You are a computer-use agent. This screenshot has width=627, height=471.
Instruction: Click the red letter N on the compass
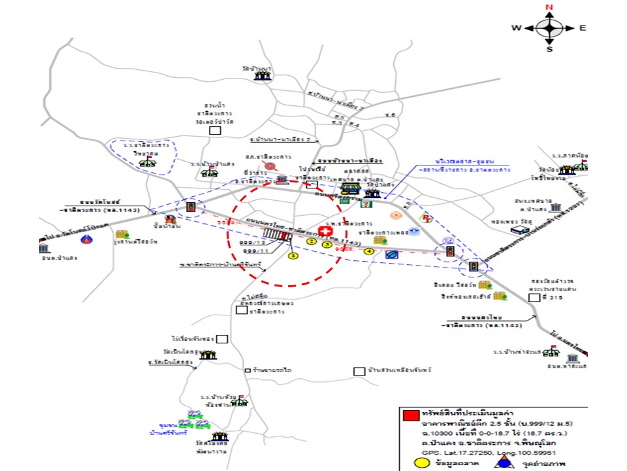[549, 7]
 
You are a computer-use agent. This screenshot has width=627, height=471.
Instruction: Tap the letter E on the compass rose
[583, 28]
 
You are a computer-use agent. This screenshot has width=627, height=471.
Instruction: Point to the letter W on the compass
[516, 28]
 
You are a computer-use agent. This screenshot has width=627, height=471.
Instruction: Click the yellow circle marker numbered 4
[369, 251]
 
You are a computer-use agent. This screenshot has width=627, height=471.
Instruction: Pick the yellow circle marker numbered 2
[312, 241]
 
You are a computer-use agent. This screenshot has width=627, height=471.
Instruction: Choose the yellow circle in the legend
[423, 464]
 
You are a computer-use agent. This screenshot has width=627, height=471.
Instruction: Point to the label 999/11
[256, 251]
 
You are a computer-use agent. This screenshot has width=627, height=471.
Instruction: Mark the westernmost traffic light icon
[191, 207]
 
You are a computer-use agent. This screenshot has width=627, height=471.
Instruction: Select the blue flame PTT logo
[84, 239]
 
